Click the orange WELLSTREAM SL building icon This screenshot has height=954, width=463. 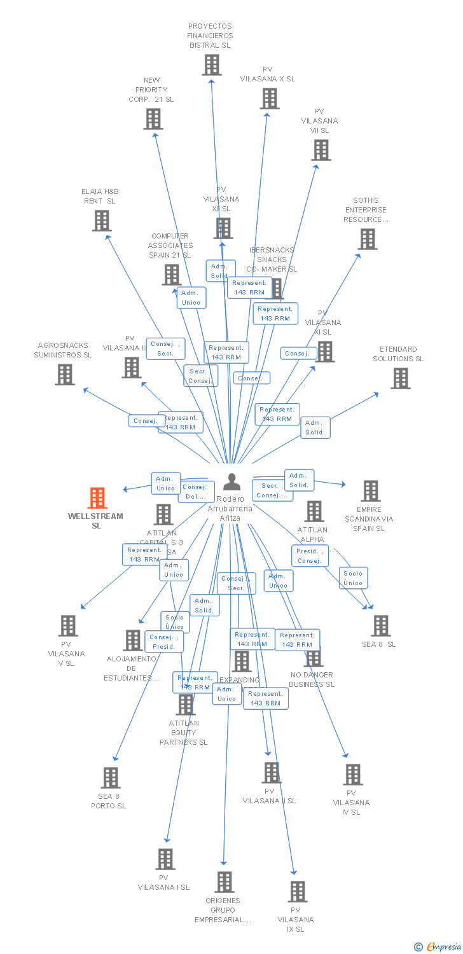point(97,498)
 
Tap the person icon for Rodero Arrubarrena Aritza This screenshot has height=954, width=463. point(231,482)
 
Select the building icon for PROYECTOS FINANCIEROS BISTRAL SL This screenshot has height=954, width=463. point(212,65)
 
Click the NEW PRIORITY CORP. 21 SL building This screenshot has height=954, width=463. point(153,119)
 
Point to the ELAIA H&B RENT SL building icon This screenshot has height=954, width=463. point(102,221)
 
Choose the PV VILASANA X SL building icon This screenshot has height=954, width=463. point(269,99)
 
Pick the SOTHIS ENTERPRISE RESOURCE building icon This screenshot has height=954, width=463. point(368,239)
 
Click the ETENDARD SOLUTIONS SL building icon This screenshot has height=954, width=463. point(400,378)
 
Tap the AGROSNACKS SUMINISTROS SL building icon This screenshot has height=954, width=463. point(65,375)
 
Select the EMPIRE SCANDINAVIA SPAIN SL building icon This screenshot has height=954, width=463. point(371,491)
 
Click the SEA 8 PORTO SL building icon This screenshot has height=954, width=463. point(111,777)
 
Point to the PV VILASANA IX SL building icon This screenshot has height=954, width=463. point(297,892)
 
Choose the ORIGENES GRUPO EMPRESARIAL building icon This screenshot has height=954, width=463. point(224,882)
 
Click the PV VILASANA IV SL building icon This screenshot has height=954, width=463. point(353,775)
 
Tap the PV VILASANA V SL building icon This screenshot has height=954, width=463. point(68,626)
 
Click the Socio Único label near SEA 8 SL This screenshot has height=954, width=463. point(353,578)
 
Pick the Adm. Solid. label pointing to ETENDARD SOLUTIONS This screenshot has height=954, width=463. point(315,427)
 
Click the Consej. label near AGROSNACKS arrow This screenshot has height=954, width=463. point(146,421)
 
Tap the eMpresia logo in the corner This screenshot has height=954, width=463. point(439,947)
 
